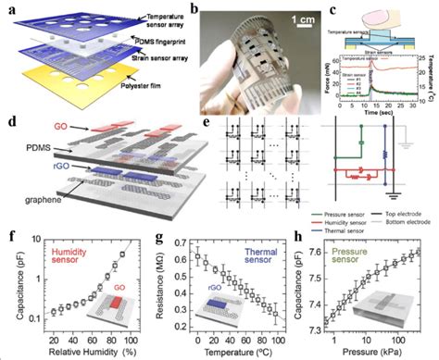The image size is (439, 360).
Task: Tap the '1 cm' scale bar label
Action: point(272,17)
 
